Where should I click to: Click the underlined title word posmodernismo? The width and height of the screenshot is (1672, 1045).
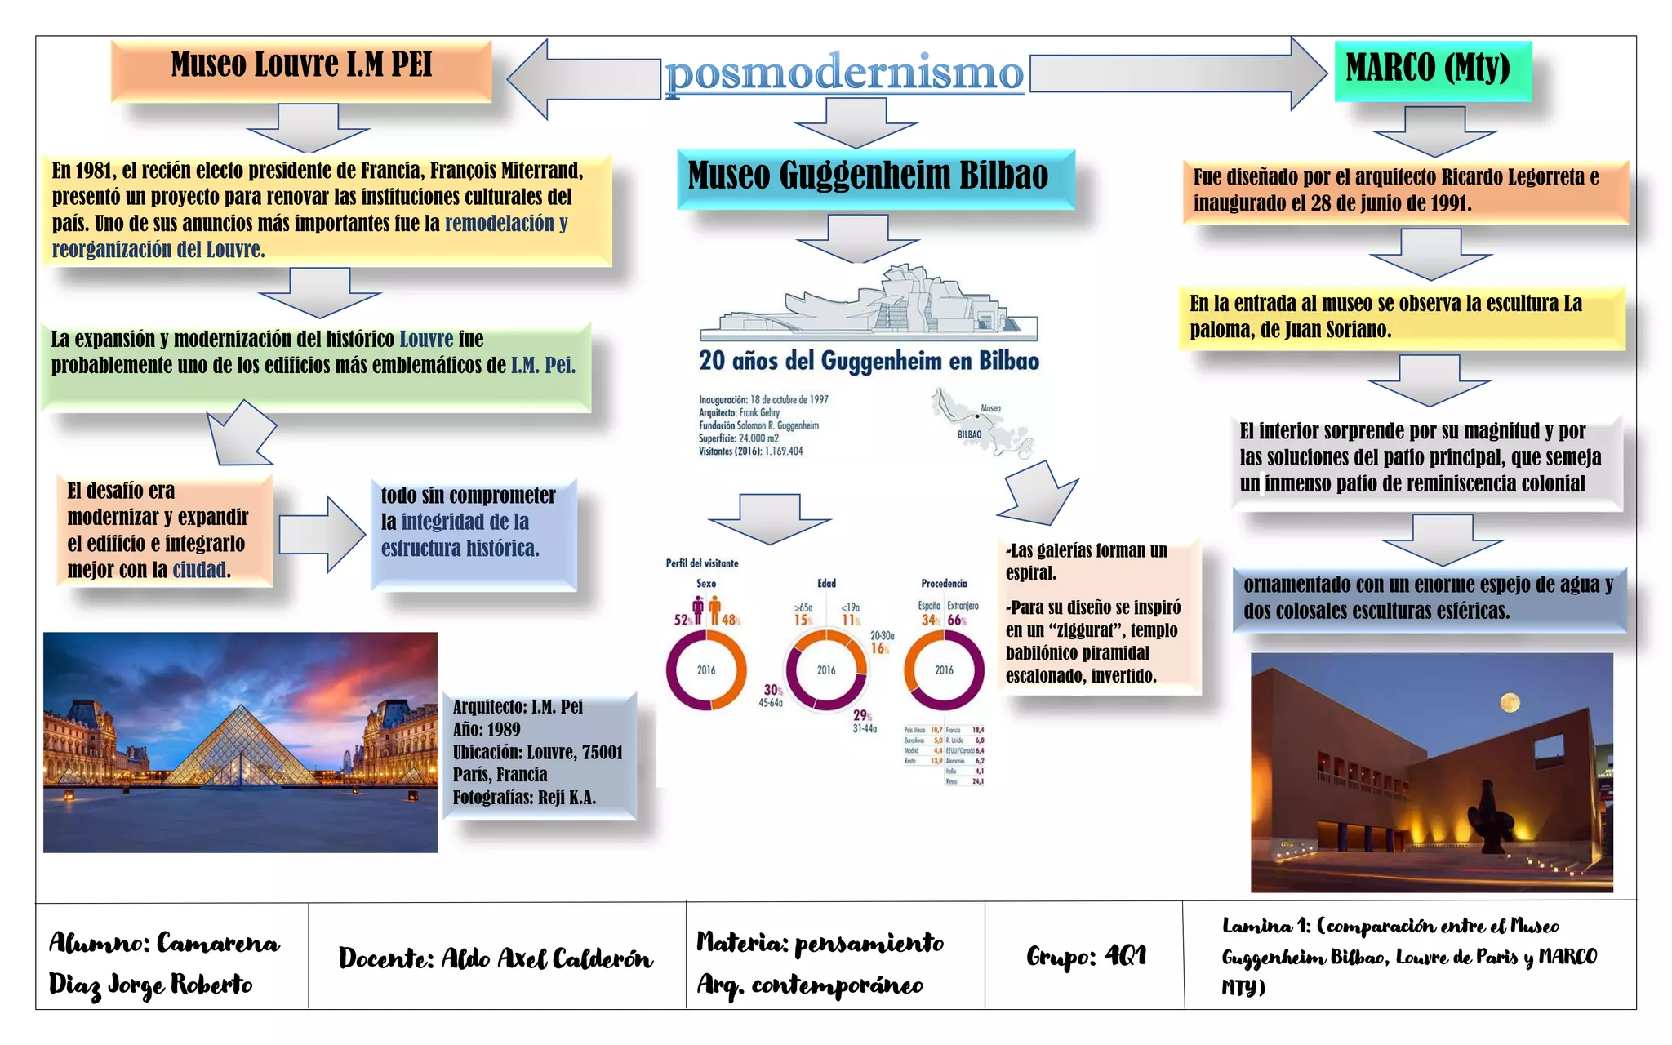click(x=844, y=73)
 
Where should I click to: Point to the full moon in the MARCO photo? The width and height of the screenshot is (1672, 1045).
click(x=1510, y=702)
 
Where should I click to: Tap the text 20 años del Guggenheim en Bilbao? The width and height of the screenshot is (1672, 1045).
click(x=869, y=361)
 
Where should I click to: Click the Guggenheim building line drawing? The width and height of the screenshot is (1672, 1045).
click(x=869, y=306)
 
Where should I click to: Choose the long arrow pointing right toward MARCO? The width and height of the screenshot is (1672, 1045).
click(x=1176, y=73)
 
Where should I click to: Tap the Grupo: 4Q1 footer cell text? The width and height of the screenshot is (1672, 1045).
click(x=1086, y=955)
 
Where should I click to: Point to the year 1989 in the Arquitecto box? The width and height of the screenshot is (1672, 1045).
click(x=503, y=730)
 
